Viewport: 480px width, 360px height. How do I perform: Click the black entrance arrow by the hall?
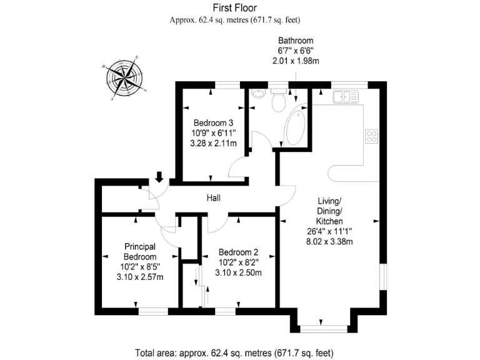pyautogui.click(x=159, y=177)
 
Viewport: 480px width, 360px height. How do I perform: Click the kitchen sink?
pyautogui.click(x=345, y=97)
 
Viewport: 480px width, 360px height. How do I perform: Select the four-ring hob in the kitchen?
pyautogui.click(x=371, y=136)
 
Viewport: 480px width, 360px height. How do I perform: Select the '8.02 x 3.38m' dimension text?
pyautogui.click(x=330, y=242)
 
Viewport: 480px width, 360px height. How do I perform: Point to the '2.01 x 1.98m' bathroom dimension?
pyautogui.click(x=296, y=61)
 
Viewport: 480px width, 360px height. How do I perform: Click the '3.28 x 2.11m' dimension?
pyautogui.click(x=213, y=143)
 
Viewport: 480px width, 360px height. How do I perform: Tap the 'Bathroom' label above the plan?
pyautogui.click(x=296, y=41)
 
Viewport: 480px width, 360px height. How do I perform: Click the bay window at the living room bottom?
pyautogui.click(x=322, y=327)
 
